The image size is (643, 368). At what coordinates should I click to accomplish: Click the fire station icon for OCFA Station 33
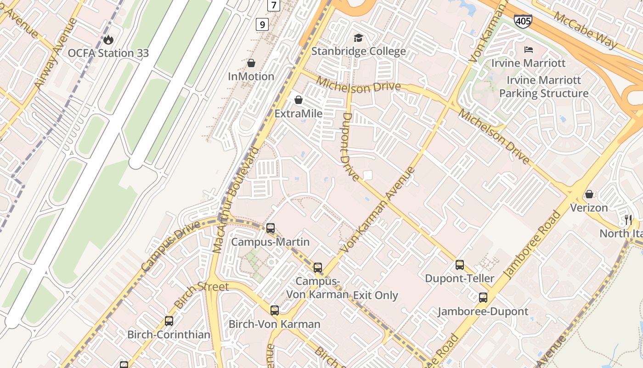108,40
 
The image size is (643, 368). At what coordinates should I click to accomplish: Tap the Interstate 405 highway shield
523,21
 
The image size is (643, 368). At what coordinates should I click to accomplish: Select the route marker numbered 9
262,24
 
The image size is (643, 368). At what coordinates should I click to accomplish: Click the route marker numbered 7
274,5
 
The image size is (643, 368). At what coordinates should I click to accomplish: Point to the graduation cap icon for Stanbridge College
358,38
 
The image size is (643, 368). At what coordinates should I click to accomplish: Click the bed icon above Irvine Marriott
528,49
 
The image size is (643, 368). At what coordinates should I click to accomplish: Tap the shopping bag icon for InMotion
251,63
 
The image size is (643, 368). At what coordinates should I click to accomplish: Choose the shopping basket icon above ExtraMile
299,100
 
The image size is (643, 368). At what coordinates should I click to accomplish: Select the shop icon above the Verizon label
589,194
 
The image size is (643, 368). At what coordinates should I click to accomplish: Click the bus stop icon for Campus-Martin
271,228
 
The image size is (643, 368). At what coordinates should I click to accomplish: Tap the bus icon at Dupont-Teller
460,265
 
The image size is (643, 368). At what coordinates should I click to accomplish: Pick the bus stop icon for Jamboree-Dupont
483,298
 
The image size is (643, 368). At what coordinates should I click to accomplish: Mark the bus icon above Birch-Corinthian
169,321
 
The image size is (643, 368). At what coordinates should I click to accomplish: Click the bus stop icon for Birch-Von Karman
275,310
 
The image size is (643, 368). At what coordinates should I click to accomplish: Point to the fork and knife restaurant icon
628,220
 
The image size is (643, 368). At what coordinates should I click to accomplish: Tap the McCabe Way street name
585,30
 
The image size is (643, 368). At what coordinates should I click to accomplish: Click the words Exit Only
375,295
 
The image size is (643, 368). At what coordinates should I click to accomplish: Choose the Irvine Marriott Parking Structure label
544,87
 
